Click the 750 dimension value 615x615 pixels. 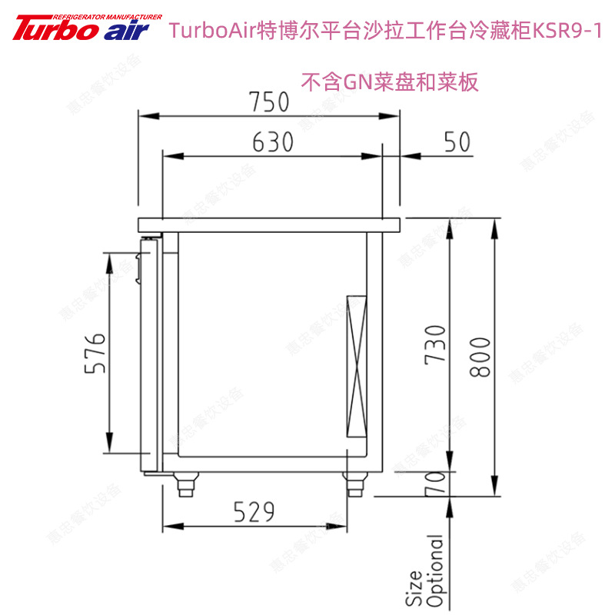(268, 101)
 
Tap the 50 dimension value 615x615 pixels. (457, 142)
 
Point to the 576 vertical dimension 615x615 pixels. (93, 354)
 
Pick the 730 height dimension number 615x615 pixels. (435, 344)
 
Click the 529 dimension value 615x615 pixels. (254, 511)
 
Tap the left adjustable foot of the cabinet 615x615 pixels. (185, 485)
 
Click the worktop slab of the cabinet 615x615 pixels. (269, 225)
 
